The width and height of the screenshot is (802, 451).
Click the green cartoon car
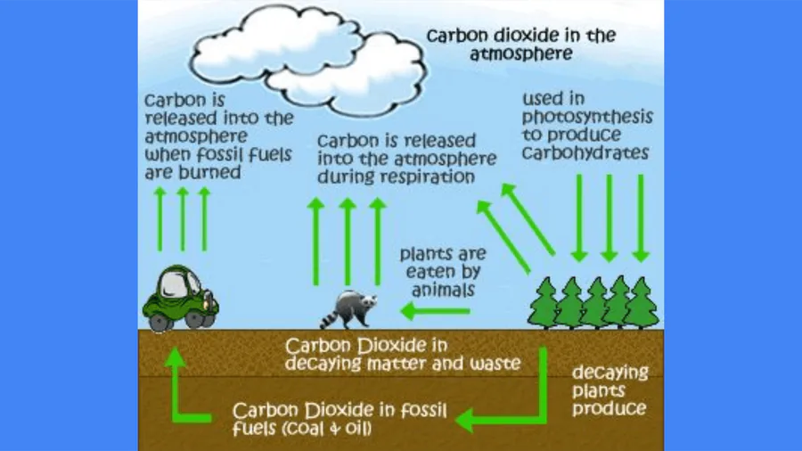click(x=180, y=298)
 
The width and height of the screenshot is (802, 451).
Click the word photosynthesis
click(x=587, y=117)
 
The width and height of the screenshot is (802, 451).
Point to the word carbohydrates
click(x=585, y=152)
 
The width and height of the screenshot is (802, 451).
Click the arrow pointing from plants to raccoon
click(x=435, y=310)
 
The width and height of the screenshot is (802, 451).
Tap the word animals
click(x=444, y=290)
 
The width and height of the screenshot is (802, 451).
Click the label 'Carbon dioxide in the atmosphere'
click(x=521, y=44)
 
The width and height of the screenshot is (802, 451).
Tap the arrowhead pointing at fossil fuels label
click(x=464, y=420)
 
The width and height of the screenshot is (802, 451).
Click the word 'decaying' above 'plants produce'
click(x=610, y=373)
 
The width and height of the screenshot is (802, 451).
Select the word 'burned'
click(x=209, y=172)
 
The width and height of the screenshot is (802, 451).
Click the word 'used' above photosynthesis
click(x=546, y=99)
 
